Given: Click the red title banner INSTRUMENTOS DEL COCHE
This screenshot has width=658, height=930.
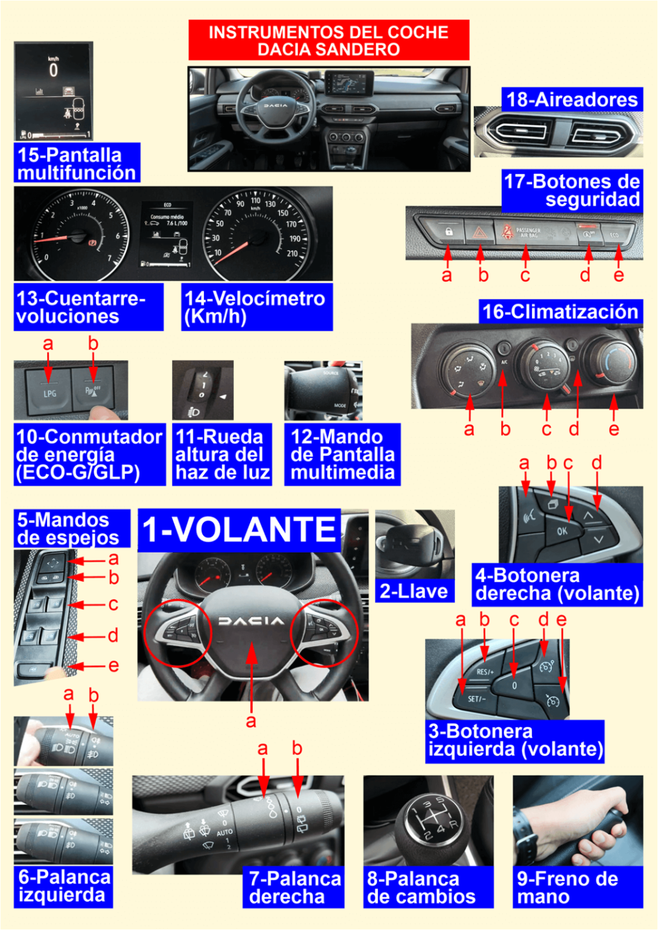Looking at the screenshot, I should (x=328, y=40).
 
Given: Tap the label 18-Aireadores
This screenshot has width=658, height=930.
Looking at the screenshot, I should (x=571, y=100).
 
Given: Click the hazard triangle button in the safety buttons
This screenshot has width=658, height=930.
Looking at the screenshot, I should (x=480, y=232).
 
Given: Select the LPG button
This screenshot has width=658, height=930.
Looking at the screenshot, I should (x=49, y=392).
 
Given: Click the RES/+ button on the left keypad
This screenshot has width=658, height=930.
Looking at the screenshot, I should (x=484, y=672).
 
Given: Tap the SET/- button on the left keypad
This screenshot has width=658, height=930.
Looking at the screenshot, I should (x=476, y=699).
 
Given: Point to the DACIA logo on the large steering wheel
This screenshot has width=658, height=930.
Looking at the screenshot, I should (x=251, y=621).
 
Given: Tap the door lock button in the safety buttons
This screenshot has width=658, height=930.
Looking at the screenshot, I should (x=449, y=232).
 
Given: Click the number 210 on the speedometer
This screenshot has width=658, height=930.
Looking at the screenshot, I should (x=292, y=253).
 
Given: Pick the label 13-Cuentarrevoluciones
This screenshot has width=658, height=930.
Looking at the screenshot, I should (x=88, y=307).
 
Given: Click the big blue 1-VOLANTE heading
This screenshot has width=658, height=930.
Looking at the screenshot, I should (x=239, y=529).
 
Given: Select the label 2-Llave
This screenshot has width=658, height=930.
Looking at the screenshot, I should (x=414, y=591).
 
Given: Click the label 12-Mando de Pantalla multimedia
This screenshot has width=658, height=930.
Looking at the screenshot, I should (x=342, y=454).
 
